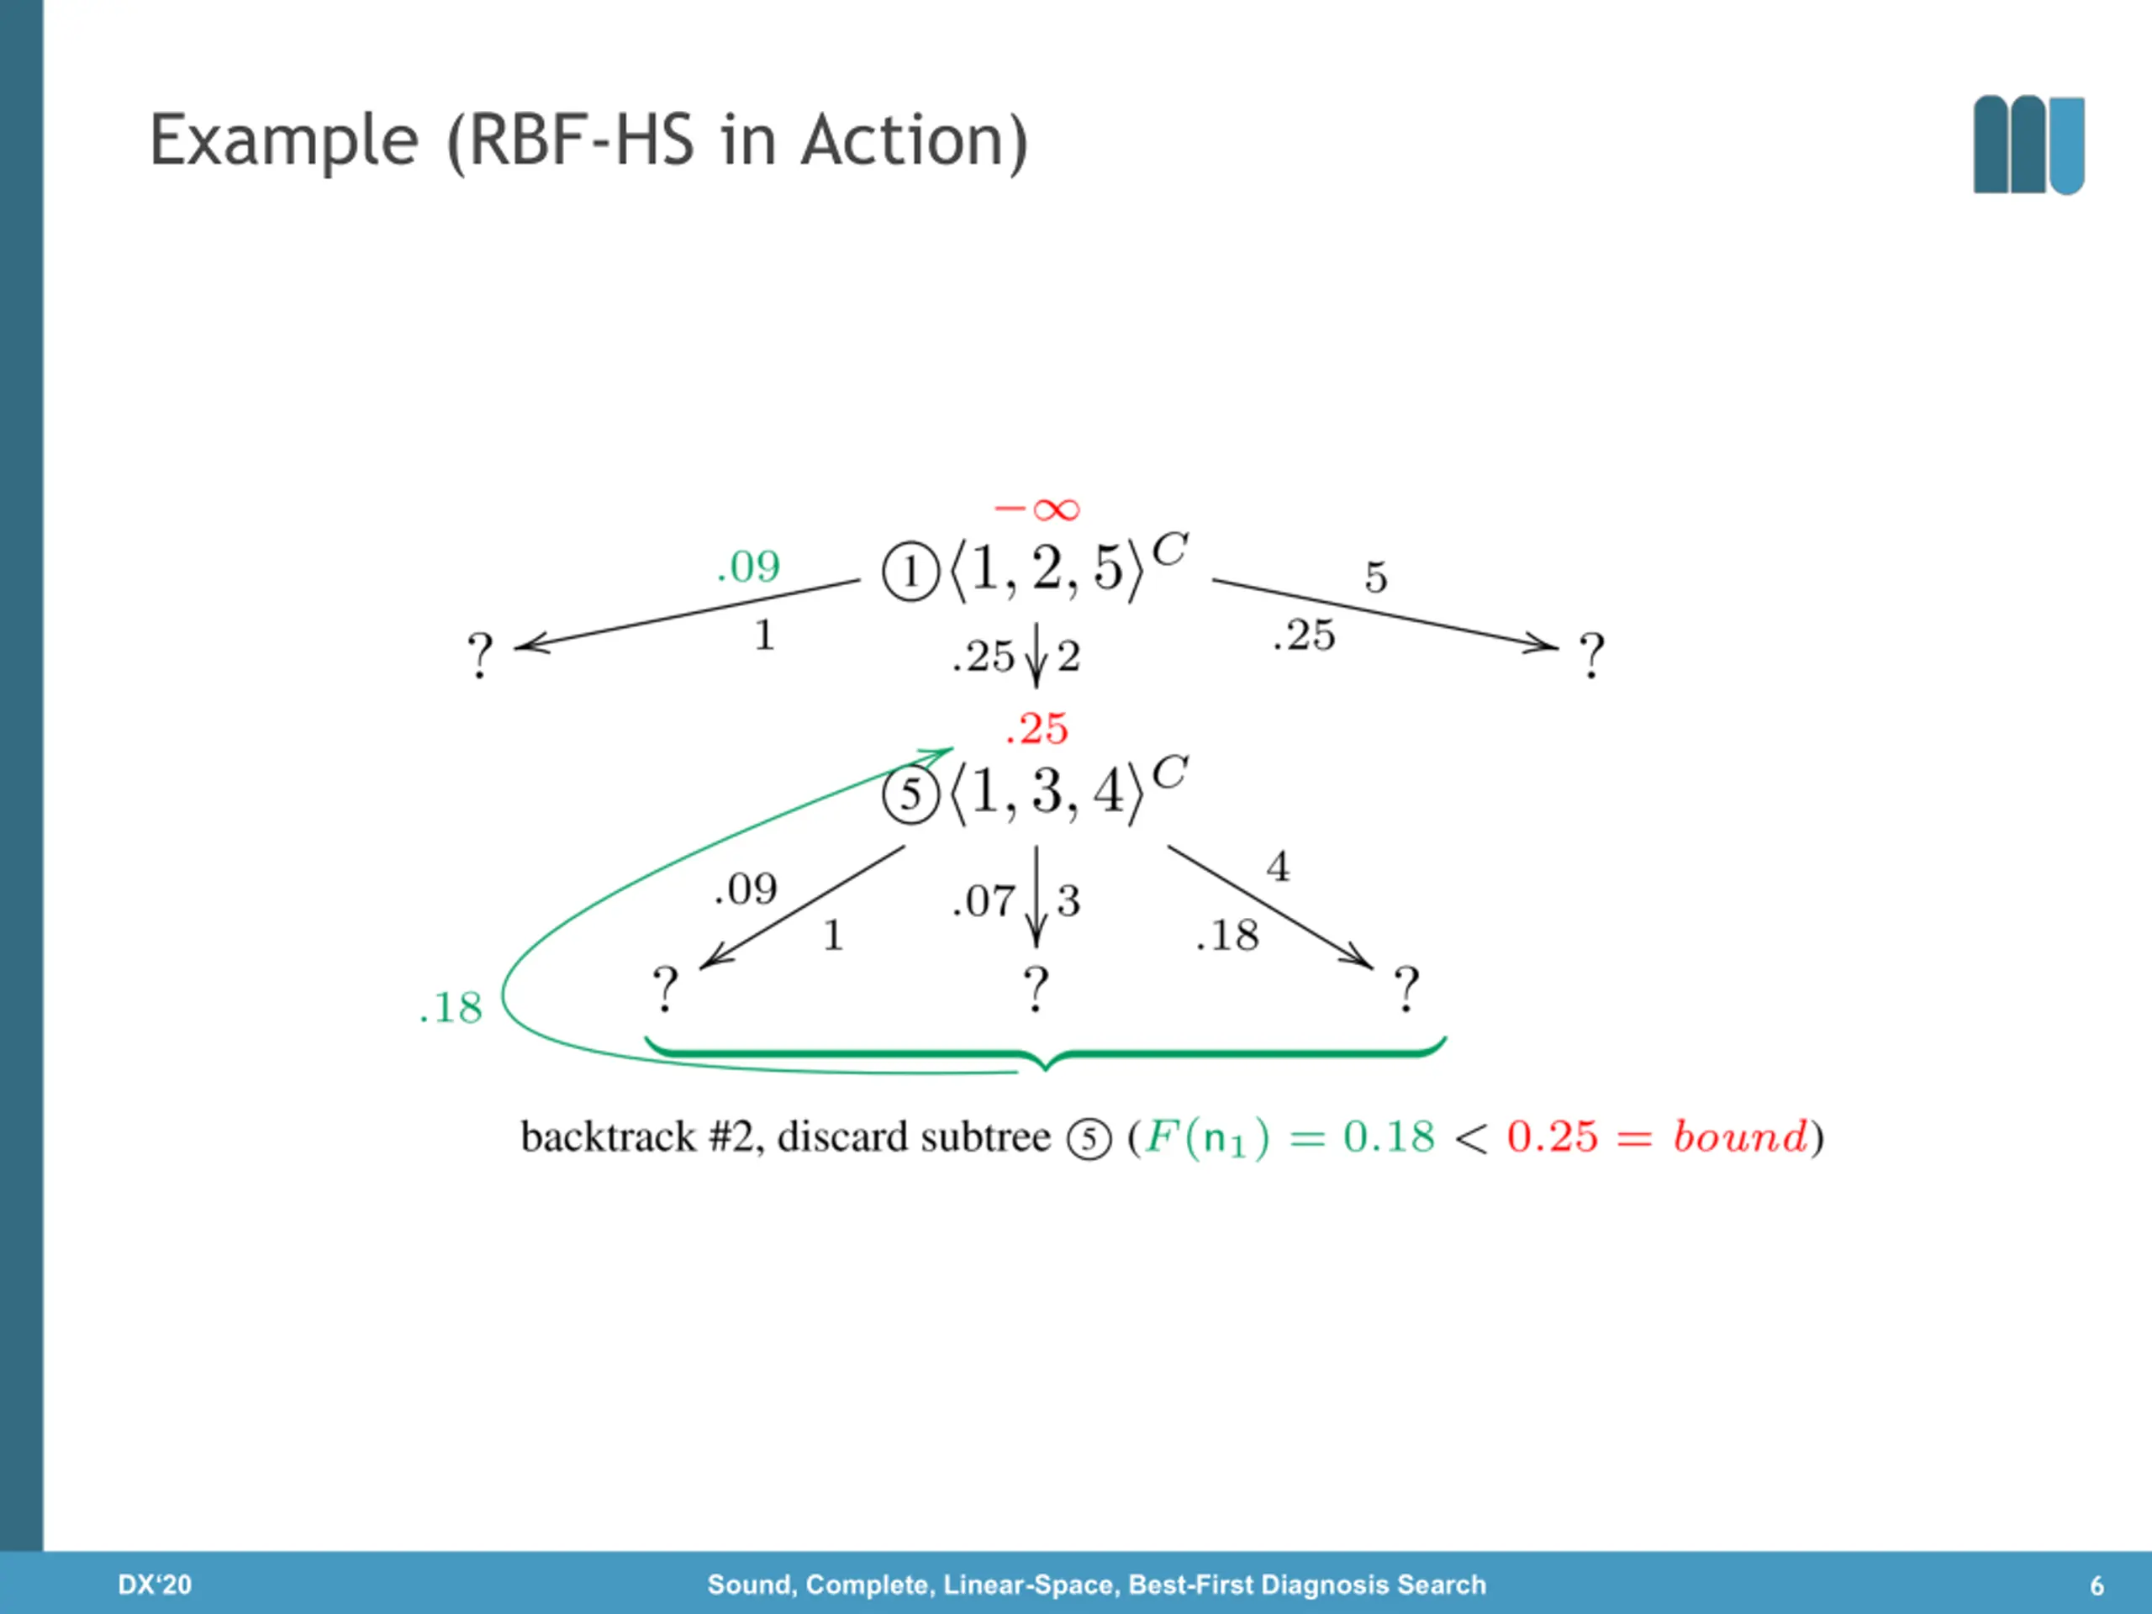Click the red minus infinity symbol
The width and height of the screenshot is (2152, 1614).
coord(1037,509)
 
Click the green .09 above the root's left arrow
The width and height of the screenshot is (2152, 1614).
coord(748,567)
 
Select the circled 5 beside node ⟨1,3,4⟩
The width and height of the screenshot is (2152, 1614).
coord(910,795)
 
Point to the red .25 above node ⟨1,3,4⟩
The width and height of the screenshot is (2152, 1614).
coord(1037,729)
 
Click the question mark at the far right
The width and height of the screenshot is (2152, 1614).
coord(1591,656)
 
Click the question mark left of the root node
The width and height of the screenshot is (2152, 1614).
coord(480,656)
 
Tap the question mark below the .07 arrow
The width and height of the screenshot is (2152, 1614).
coord(1036,989)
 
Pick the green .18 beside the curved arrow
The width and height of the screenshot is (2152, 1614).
coord(451,1008)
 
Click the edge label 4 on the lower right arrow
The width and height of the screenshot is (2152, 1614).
coord(1278,867)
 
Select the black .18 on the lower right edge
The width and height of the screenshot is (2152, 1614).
coord(1228,936)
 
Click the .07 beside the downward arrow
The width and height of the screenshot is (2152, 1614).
coord(984,902)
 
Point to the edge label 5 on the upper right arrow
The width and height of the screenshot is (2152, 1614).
coord(1375,577)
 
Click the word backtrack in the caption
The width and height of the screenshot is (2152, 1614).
coord(608,1137)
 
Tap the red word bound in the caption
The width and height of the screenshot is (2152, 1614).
coord(1740,1137)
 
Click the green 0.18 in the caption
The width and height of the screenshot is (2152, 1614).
coord(1389,1137)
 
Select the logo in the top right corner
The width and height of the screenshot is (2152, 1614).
coord(2028,145)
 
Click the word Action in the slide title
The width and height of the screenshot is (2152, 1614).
coord(915,141)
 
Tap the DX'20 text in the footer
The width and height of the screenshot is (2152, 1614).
coord(155,1585)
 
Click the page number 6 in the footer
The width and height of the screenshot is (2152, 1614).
coord(2097,1585)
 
